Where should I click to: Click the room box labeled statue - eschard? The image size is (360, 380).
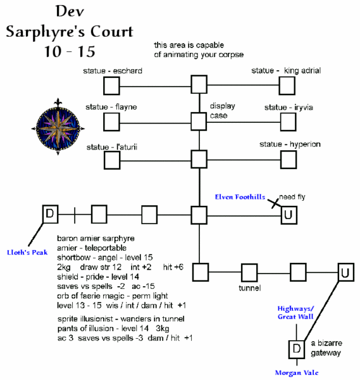coord(112,85)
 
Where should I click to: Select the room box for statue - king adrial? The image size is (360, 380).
coord(288,85)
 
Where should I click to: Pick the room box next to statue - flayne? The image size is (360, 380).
coord(112,120)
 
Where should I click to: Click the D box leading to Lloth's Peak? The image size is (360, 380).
coord(50,214)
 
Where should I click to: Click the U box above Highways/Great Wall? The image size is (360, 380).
coord(345,273)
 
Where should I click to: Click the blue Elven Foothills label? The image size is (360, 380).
coord(240,198)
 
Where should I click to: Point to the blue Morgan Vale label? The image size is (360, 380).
coord(297,372)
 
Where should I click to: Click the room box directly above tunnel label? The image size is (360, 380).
coord(250,273)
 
